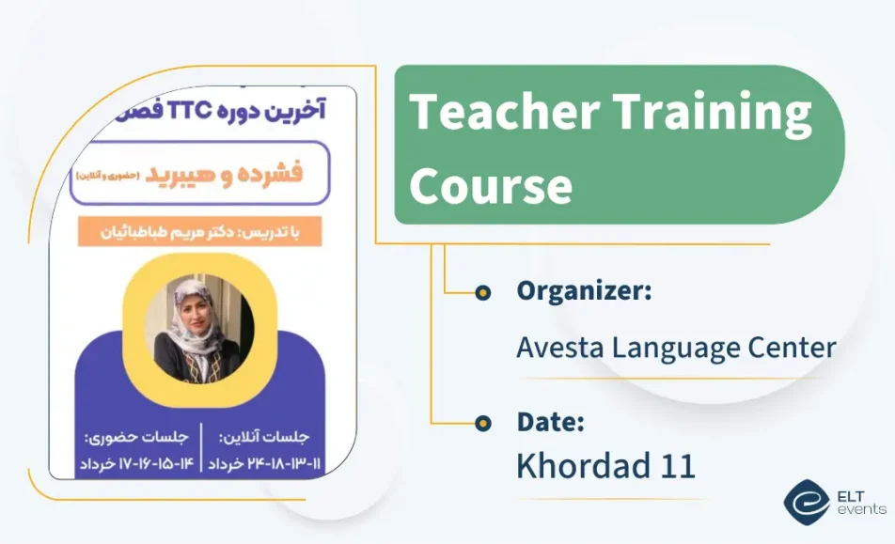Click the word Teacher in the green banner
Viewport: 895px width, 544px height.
click(x=505, y=112)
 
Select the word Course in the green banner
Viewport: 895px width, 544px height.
click(x=491, y=185)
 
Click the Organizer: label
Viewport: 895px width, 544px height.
click(x=584, y=291)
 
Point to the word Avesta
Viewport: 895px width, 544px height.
click(x=560, y=347)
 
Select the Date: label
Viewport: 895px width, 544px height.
click(x=550, y=422)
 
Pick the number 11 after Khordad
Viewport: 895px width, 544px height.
click(x=678, y=466)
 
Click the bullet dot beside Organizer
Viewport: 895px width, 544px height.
click(x=483, y=292)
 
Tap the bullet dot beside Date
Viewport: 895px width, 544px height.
click(x=483, y=423)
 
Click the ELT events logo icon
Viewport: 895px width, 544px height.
click(x=807, y=503)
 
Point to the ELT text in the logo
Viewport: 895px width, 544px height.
click(x=851, y=496)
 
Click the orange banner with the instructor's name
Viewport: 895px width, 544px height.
click(x=199, y=231)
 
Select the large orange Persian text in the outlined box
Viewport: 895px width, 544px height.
click(x=224, y=174)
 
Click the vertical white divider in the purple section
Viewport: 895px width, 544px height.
click(x=201, y=447)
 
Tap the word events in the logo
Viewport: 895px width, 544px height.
click(x=862, y=508)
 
